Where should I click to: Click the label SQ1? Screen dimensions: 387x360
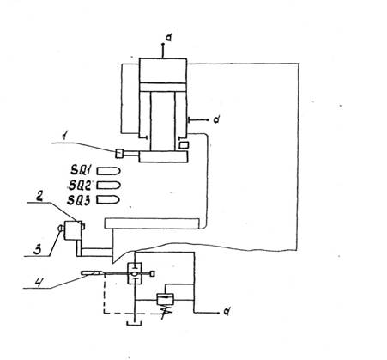pos(81,171)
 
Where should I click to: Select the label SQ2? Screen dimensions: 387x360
pos(80,186)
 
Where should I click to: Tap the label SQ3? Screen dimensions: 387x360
pos(79,200)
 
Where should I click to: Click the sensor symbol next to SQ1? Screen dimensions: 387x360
pos(108,171)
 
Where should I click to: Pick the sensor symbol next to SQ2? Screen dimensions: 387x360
pos(108,186)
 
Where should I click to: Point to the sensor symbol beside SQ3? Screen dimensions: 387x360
pos(108,199)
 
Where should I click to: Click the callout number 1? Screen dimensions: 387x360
pos(64,137)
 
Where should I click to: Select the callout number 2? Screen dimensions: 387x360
pos(40,196)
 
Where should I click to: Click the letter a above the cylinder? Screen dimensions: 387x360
pos(169,38)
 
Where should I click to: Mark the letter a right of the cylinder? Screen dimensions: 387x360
pos(217,119)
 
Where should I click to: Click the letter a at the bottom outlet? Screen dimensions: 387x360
pos(227,312)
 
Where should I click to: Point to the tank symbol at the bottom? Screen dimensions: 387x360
pos(134,323)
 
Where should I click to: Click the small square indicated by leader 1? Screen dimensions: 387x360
pos(119,154)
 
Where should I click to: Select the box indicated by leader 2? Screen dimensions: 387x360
pos(73,230)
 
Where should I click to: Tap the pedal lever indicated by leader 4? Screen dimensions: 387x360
pos(92,273)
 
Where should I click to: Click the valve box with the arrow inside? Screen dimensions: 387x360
pos(166,299)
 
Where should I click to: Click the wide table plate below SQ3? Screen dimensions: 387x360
pos(152,223)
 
